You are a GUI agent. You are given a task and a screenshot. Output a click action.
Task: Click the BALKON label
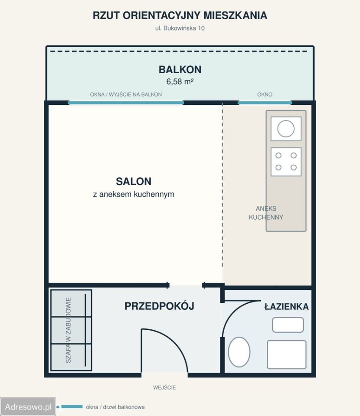coord(180,69)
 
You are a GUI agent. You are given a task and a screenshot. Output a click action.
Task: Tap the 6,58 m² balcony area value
coord(180,81)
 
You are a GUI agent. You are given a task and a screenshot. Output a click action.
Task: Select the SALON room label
coord(134,182)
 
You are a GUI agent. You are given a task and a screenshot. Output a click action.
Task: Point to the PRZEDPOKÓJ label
coord(159,306)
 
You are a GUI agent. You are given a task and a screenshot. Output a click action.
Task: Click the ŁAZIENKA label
coord(286,307)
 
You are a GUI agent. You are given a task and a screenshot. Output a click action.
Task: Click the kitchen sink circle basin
coord(286,129)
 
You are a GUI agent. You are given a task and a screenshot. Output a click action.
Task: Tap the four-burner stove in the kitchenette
coord(286,162)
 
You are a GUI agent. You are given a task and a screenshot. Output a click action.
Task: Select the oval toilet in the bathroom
coord(239,352)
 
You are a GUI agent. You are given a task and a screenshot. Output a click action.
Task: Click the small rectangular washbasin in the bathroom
coord(288,325)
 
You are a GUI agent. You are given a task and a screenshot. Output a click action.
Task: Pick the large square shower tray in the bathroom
coord(287,354)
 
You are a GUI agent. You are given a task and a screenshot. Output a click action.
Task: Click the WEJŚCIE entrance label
coord(164,387)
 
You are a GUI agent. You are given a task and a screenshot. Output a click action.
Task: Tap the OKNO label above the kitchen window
coord(265,94)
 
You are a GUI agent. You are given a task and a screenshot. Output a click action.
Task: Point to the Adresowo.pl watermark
coord(28,407)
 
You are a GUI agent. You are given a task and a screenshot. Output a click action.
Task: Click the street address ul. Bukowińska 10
coord(180,28)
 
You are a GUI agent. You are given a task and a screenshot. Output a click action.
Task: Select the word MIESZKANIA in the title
coord(235,16)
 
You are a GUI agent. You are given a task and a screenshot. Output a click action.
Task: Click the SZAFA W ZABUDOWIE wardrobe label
coord(68,330)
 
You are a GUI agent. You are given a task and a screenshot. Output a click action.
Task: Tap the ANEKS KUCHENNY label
coord(266,213)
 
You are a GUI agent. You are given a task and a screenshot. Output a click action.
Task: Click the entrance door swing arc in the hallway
coord(173,341)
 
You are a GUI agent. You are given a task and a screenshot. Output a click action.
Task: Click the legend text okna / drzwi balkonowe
coord(115,407)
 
